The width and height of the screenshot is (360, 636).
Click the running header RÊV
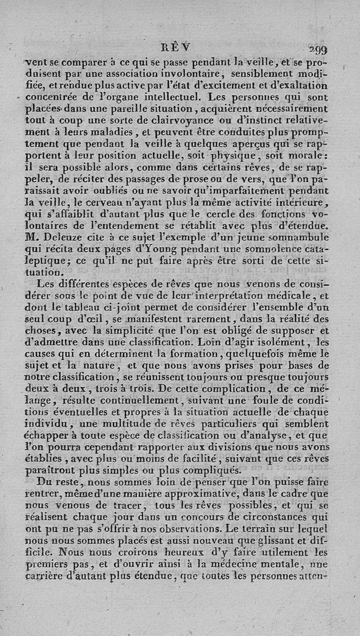click(x=179, y=47)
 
